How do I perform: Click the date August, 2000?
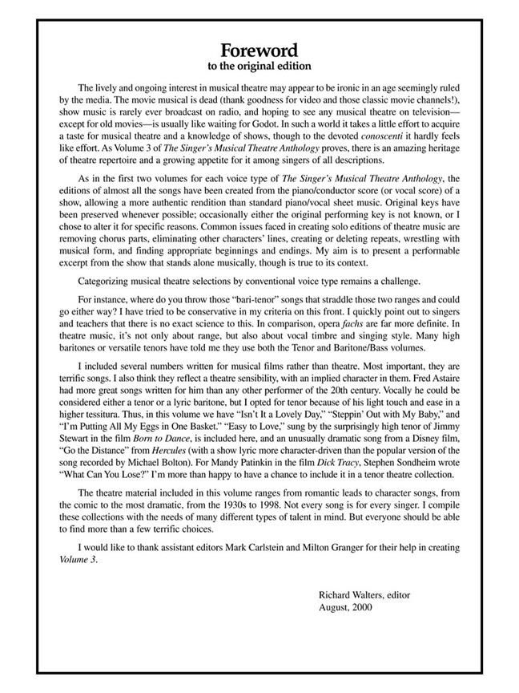pyautogui.click(x=345, y=607)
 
